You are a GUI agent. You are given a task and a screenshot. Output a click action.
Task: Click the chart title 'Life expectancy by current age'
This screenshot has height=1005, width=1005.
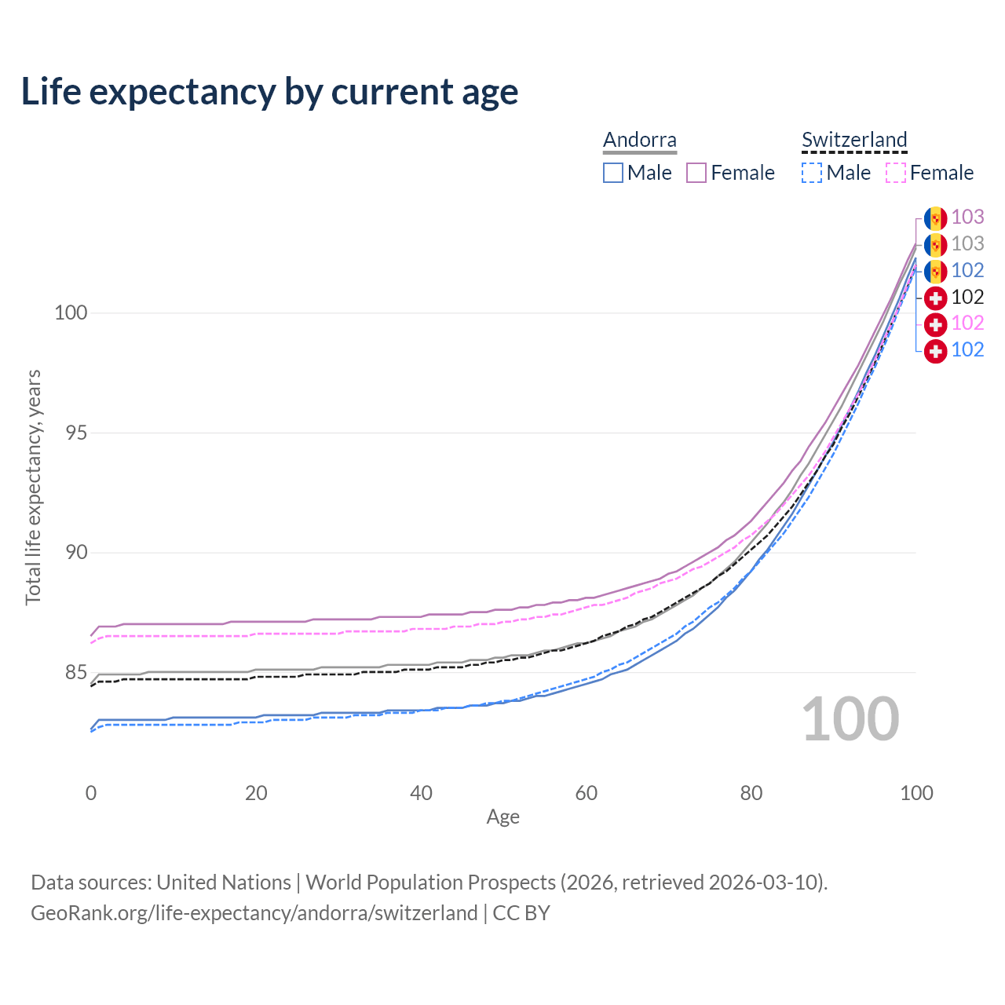tap(269, 93)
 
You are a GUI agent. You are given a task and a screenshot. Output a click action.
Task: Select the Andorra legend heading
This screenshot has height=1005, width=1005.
tap(639, 140)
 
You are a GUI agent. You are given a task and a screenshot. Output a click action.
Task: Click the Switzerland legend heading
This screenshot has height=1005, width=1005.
tap(854, 140)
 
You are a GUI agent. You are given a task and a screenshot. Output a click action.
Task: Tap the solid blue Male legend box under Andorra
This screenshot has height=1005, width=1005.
tap(612, 173)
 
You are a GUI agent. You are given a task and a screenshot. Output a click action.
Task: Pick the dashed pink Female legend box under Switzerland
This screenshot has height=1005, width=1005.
tap(896, 173)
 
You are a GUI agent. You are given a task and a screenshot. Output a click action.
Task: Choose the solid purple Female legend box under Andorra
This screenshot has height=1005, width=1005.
tap(696, 173)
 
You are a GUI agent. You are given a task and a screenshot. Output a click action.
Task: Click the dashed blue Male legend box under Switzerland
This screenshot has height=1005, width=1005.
tap(812, 173)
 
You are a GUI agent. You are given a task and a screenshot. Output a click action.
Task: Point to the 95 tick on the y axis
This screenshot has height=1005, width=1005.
tap(76, 433)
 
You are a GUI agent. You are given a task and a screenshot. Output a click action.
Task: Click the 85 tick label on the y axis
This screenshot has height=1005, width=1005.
tap(76, 672)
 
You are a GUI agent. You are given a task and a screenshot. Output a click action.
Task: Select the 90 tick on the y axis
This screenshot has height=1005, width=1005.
tap(76, 552)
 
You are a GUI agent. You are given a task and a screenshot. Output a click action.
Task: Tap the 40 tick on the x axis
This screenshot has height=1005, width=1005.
tap(421, 793)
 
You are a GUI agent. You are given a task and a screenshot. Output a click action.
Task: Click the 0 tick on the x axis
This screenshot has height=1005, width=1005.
tap(91, 793)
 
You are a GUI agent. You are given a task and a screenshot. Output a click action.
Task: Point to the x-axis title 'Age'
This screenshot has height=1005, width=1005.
tap(502, 817)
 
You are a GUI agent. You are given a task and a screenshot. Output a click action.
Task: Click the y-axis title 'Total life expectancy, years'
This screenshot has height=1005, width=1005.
tap(33, 488)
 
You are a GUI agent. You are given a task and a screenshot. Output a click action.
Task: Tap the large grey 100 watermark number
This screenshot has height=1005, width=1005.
tap(850, 718)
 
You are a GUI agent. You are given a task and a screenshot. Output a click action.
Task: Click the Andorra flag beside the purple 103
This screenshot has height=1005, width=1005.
tap(936, 218)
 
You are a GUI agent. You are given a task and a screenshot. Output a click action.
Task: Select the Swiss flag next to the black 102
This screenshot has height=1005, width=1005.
tap(936, 298)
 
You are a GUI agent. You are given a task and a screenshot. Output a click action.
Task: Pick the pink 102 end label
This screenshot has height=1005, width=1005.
tap(967, 323)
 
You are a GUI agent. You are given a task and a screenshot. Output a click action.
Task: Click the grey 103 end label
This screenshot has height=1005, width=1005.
tap(967, 243)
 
